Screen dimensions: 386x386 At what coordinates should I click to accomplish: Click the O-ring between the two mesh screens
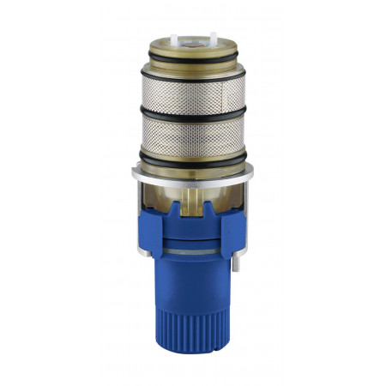193,114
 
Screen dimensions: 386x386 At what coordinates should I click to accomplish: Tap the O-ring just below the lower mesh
193,156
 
